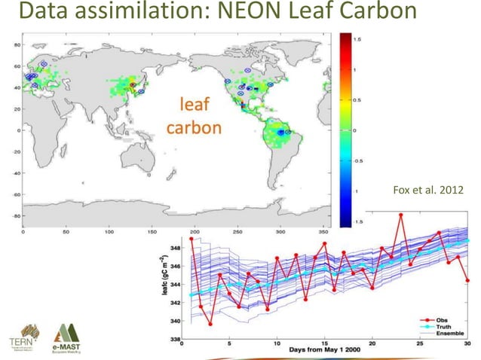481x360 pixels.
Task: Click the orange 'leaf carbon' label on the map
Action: (193, 114)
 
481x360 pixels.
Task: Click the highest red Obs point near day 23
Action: (401, 215)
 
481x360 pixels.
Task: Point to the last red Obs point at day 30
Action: (468, 280)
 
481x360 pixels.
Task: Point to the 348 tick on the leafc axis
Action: (175, 248)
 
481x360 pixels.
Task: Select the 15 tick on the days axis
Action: (325, 342)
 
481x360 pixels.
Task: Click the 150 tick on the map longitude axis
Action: (152, 232)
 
